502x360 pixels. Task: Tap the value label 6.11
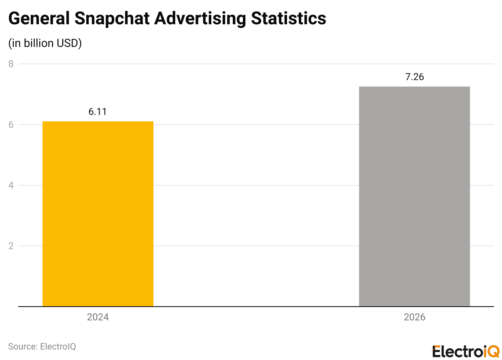point(98,112)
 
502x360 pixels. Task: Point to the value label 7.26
point(415,77)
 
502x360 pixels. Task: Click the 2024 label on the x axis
point(98,317)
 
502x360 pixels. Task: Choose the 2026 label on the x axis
point(415,317)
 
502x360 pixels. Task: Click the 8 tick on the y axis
point(11,64)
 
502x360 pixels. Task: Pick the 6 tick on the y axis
point(11,125)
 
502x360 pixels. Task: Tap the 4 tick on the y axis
point(11,185)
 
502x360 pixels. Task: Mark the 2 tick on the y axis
point(11,246)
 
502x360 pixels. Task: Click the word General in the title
point(39,18)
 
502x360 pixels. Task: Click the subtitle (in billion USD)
point(45,43)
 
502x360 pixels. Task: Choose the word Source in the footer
point(22,347)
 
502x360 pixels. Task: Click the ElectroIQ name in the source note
point(58,347)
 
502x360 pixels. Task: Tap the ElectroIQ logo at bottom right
point(466,351)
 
